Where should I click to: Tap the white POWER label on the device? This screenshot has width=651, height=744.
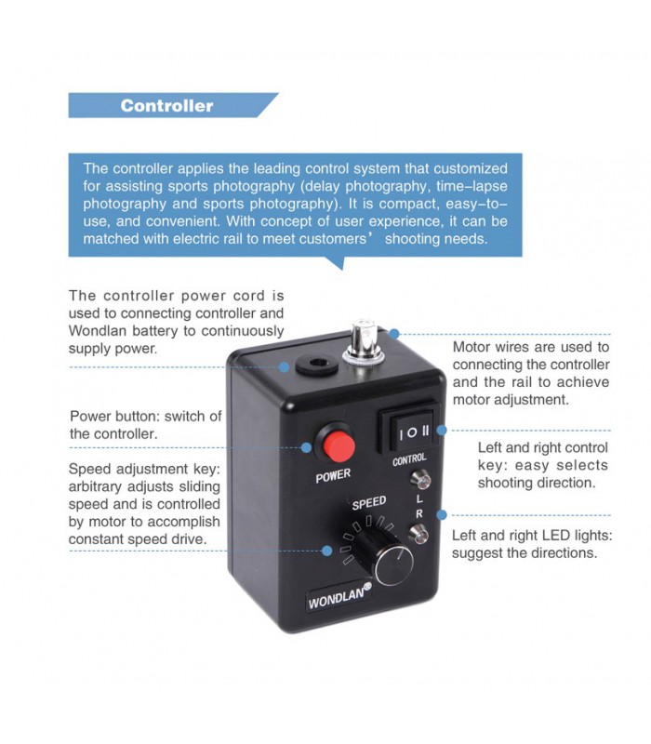pos(333,474)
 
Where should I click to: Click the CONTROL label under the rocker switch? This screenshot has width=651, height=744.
pos(409,458)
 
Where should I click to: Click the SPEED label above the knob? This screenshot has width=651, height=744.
pos(369,503)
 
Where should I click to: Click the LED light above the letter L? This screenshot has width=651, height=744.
pos(420,480)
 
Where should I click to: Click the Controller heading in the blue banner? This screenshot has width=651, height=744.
pos(166,106)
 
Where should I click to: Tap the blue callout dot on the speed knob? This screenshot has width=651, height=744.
pos(327,551)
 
